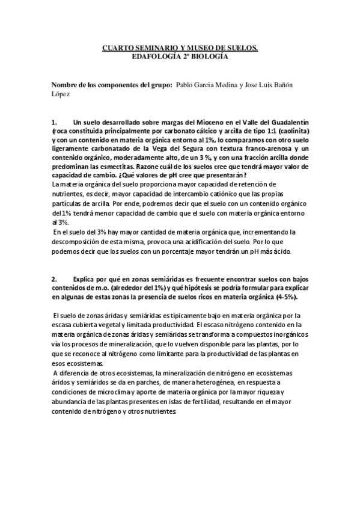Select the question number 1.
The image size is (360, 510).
(55, 121)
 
